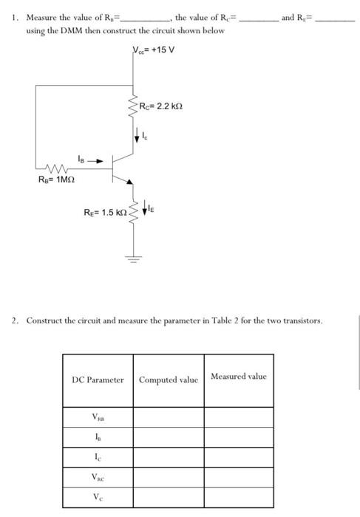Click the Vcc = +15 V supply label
(x=154, y=52)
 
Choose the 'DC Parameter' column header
(x=98, y=380)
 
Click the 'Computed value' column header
(x=169, y=380)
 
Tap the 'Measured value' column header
(x=238, y=377)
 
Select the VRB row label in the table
(x=98, y=417)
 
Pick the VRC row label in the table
(x=98, y=479)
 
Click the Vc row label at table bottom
(x=98, y=498)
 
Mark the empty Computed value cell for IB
(x=169, y=438)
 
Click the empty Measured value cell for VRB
(x=238, y=417)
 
